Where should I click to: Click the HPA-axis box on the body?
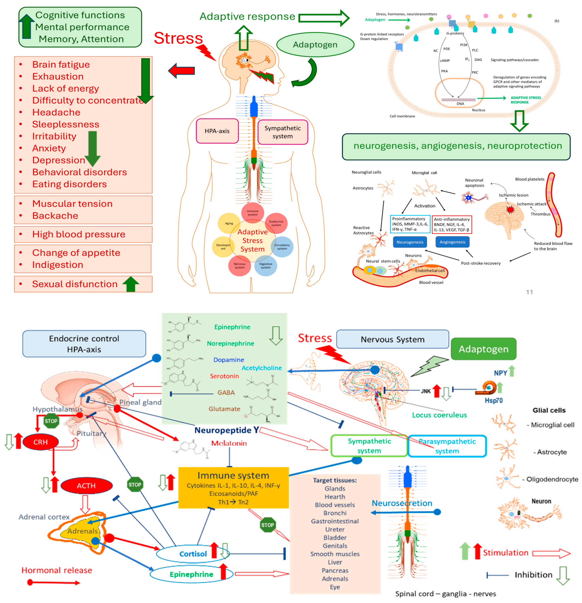[x=217, y=131]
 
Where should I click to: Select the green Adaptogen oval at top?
[x=315, y=45]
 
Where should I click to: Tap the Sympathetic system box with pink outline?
[x=283, y=132]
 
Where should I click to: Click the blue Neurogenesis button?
[x=410, y=242]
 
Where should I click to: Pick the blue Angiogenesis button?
[x=452, y=242]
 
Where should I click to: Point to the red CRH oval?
[x=40, y=442]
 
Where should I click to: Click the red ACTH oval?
[x=86, y=486]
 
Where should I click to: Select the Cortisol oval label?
[x=193, y=554]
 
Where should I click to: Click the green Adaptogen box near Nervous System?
[x=483, y=349]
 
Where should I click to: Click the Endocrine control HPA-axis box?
[x=84, y=344]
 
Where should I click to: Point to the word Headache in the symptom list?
[x=56, y=112]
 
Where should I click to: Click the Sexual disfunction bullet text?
[x=75, y=284]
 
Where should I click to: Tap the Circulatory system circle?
[x=282, y=247]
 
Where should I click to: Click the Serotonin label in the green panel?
[x=224, y=376]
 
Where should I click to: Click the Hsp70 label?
[x=493, y=401]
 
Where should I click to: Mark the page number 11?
[x=529, y=292]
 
